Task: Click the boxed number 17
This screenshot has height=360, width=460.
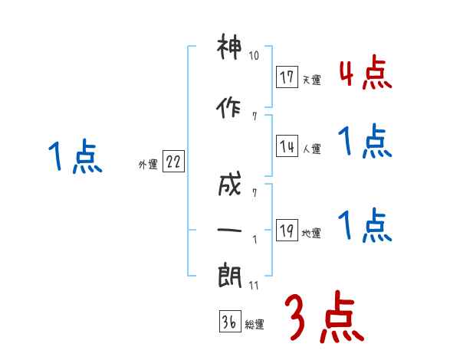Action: tap(287, 77)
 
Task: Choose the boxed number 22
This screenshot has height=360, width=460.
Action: tap(173, 163)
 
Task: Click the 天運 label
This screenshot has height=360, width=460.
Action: tap(311, 80)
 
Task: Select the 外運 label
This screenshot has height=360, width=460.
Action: tap(148, 165)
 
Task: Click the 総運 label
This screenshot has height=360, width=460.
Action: tap(255, 325)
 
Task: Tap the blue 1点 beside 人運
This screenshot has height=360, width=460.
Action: tap(365, 142)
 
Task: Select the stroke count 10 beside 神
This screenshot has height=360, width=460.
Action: tap(255, 56)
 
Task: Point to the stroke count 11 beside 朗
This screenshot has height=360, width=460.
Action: tap(255, 285)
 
